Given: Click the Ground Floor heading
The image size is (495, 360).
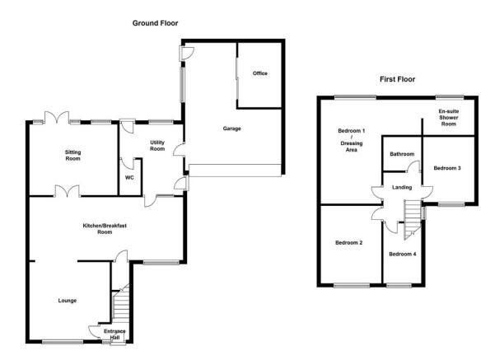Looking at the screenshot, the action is [x=155, y=23].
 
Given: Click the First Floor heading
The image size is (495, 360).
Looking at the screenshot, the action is [x=397, y=79].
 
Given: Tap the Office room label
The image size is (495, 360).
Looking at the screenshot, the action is [x=259, y=73].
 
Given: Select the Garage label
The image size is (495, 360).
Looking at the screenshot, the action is [x=231, y=129].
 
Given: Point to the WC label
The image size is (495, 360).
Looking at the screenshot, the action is [x=129, y=178].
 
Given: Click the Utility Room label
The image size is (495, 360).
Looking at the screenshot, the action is [x=157, y=146].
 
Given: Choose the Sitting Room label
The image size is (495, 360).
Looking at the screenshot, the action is [x=73, y=156].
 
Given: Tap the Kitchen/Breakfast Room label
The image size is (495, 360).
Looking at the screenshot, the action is [x=105, y=229].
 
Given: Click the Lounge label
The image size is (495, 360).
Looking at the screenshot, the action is [x=68, y=301].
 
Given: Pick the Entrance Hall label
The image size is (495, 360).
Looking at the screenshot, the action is [x=114, y=334].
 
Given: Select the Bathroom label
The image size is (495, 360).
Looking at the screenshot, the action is [x=402, y=154].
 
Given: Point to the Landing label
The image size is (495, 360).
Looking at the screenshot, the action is [x=402, y=187].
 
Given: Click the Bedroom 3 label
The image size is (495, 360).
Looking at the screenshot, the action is [x=447, y=168].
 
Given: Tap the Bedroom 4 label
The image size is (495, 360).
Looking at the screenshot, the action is [x=403, y=254].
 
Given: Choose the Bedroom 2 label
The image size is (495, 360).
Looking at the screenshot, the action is [x=348, y=242].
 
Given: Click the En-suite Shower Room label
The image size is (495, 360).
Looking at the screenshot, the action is [x=449, y=118].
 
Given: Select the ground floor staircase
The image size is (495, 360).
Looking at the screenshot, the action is [x=121, y=303].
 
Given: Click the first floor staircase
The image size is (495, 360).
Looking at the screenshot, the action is [x=413, y=220].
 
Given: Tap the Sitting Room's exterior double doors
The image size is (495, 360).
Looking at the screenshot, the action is [x=57, y=117].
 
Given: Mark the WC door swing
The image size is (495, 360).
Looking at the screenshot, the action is [x=127, y=163].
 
